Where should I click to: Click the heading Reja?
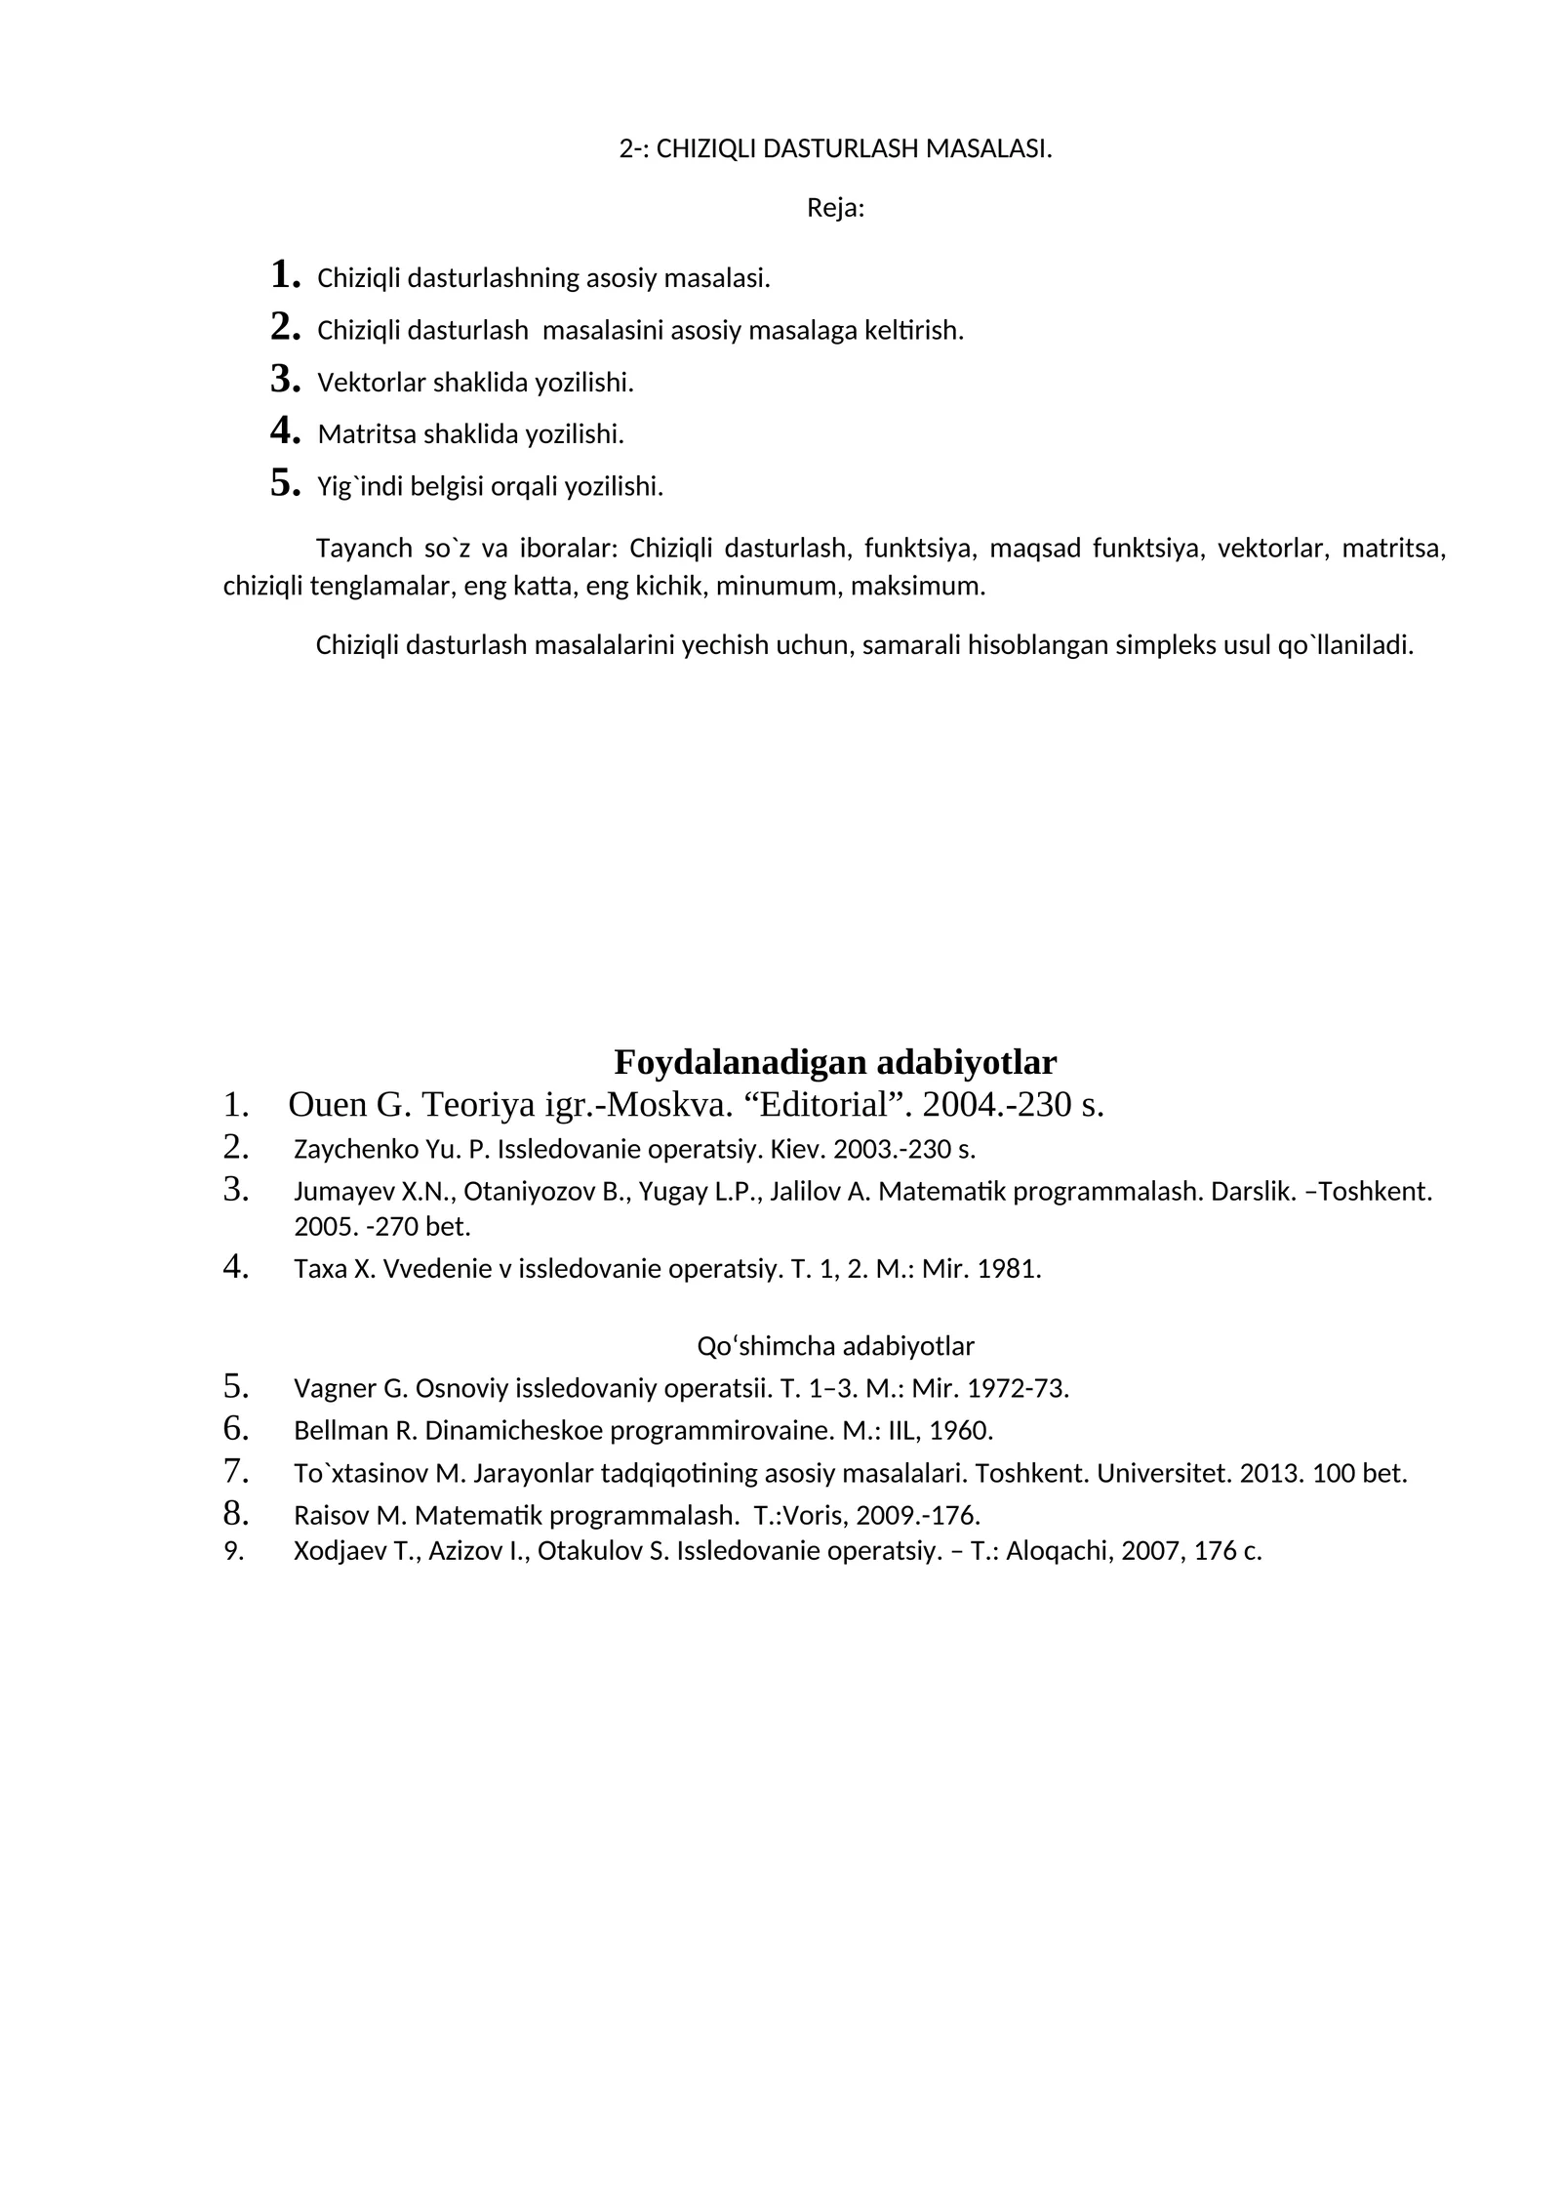[x=835, y=209]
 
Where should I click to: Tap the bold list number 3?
[x=284, y=379]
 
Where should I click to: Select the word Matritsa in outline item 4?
[x=366, y=434]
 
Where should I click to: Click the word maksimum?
[x=935, y=587]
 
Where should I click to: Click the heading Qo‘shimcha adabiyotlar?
[x=835, y=1346]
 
